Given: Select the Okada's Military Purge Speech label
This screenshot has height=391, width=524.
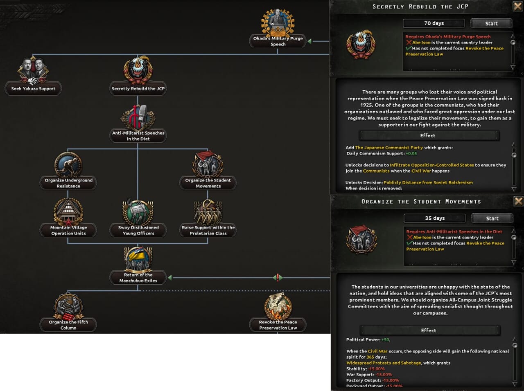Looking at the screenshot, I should [x=278, y=41].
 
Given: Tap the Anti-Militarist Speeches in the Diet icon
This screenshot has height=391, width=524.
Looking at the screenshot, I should [x=138, y=117].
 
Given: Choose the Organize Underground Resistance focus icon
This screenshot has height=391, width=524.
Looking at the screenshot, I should [x=68, y=165].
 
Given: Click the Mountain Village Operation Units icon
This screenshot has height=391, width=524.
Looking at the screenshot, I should [x=68, y=212].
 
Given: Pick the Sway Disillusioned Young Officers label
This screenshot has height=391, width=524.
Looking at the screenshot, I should [x=138, y=230].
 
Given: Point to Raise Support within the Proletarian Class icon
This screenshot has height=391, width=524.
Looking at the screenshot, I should [x=208, y=212].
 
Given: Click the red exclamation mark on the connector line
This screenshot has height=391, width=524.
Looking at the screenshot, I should [x=278, y=278].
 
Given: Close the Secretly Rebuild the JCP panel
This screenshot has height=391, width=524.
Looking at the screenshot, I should [x=517, y=6].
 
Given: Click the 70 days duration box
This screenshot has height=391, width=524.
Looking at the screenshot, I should [x=434, y=23].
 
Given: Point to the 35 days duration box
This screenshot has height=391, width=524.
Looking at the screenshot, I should [x=435, y=218].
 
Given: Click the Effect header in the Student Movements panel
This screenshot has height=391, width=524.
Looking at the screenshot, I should [x=429, y=330].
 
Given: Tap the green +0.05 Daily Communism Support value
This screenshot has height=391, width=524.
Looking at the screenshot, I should [x=411, y=154].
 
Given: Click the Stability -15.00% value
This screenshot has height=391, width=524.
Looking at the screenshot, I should [x=377, y=369].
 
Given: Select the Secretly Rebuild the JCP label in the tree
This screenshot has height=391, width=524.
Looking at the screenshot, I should [x=138, y=89].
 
